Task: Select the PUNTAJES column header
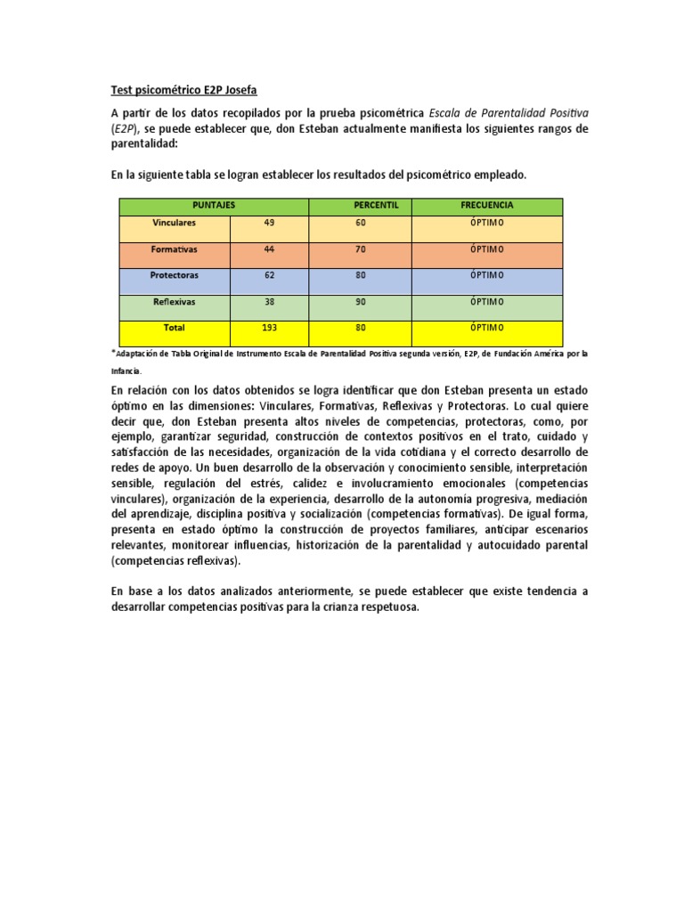click(214, 206)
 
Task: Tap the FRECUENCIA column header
click(486, 206)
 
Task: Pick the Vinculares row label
click(175, 223)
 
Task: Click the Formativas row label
click(175, 249)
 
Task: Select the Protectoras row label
click(175, 275)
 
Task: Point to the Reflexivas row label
click(175, 302)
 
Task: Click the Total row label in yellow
click(175, 328)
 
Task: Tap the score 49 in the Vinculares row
click(269, 223)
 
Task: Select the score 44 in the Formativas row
click(269, 249)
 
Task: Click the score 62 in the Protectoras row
click(269, 275)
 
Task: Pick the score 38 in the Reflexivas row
click(269, 302)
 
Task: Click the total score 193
click(269, 328)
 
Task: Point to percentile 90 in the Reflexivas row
click(361, 302)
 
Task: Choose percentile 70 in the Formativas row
click(361, 249)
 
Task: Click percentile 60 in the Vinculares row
click(361, 223)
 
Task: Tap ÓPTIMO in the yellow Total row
click(486, 328)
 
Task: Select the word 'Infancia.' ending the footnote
click(126, 370)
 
